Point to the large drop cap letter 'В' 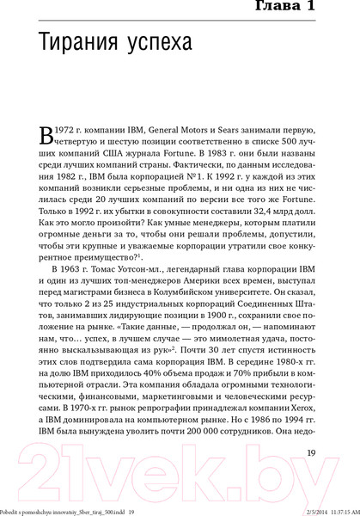point(50,135)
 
